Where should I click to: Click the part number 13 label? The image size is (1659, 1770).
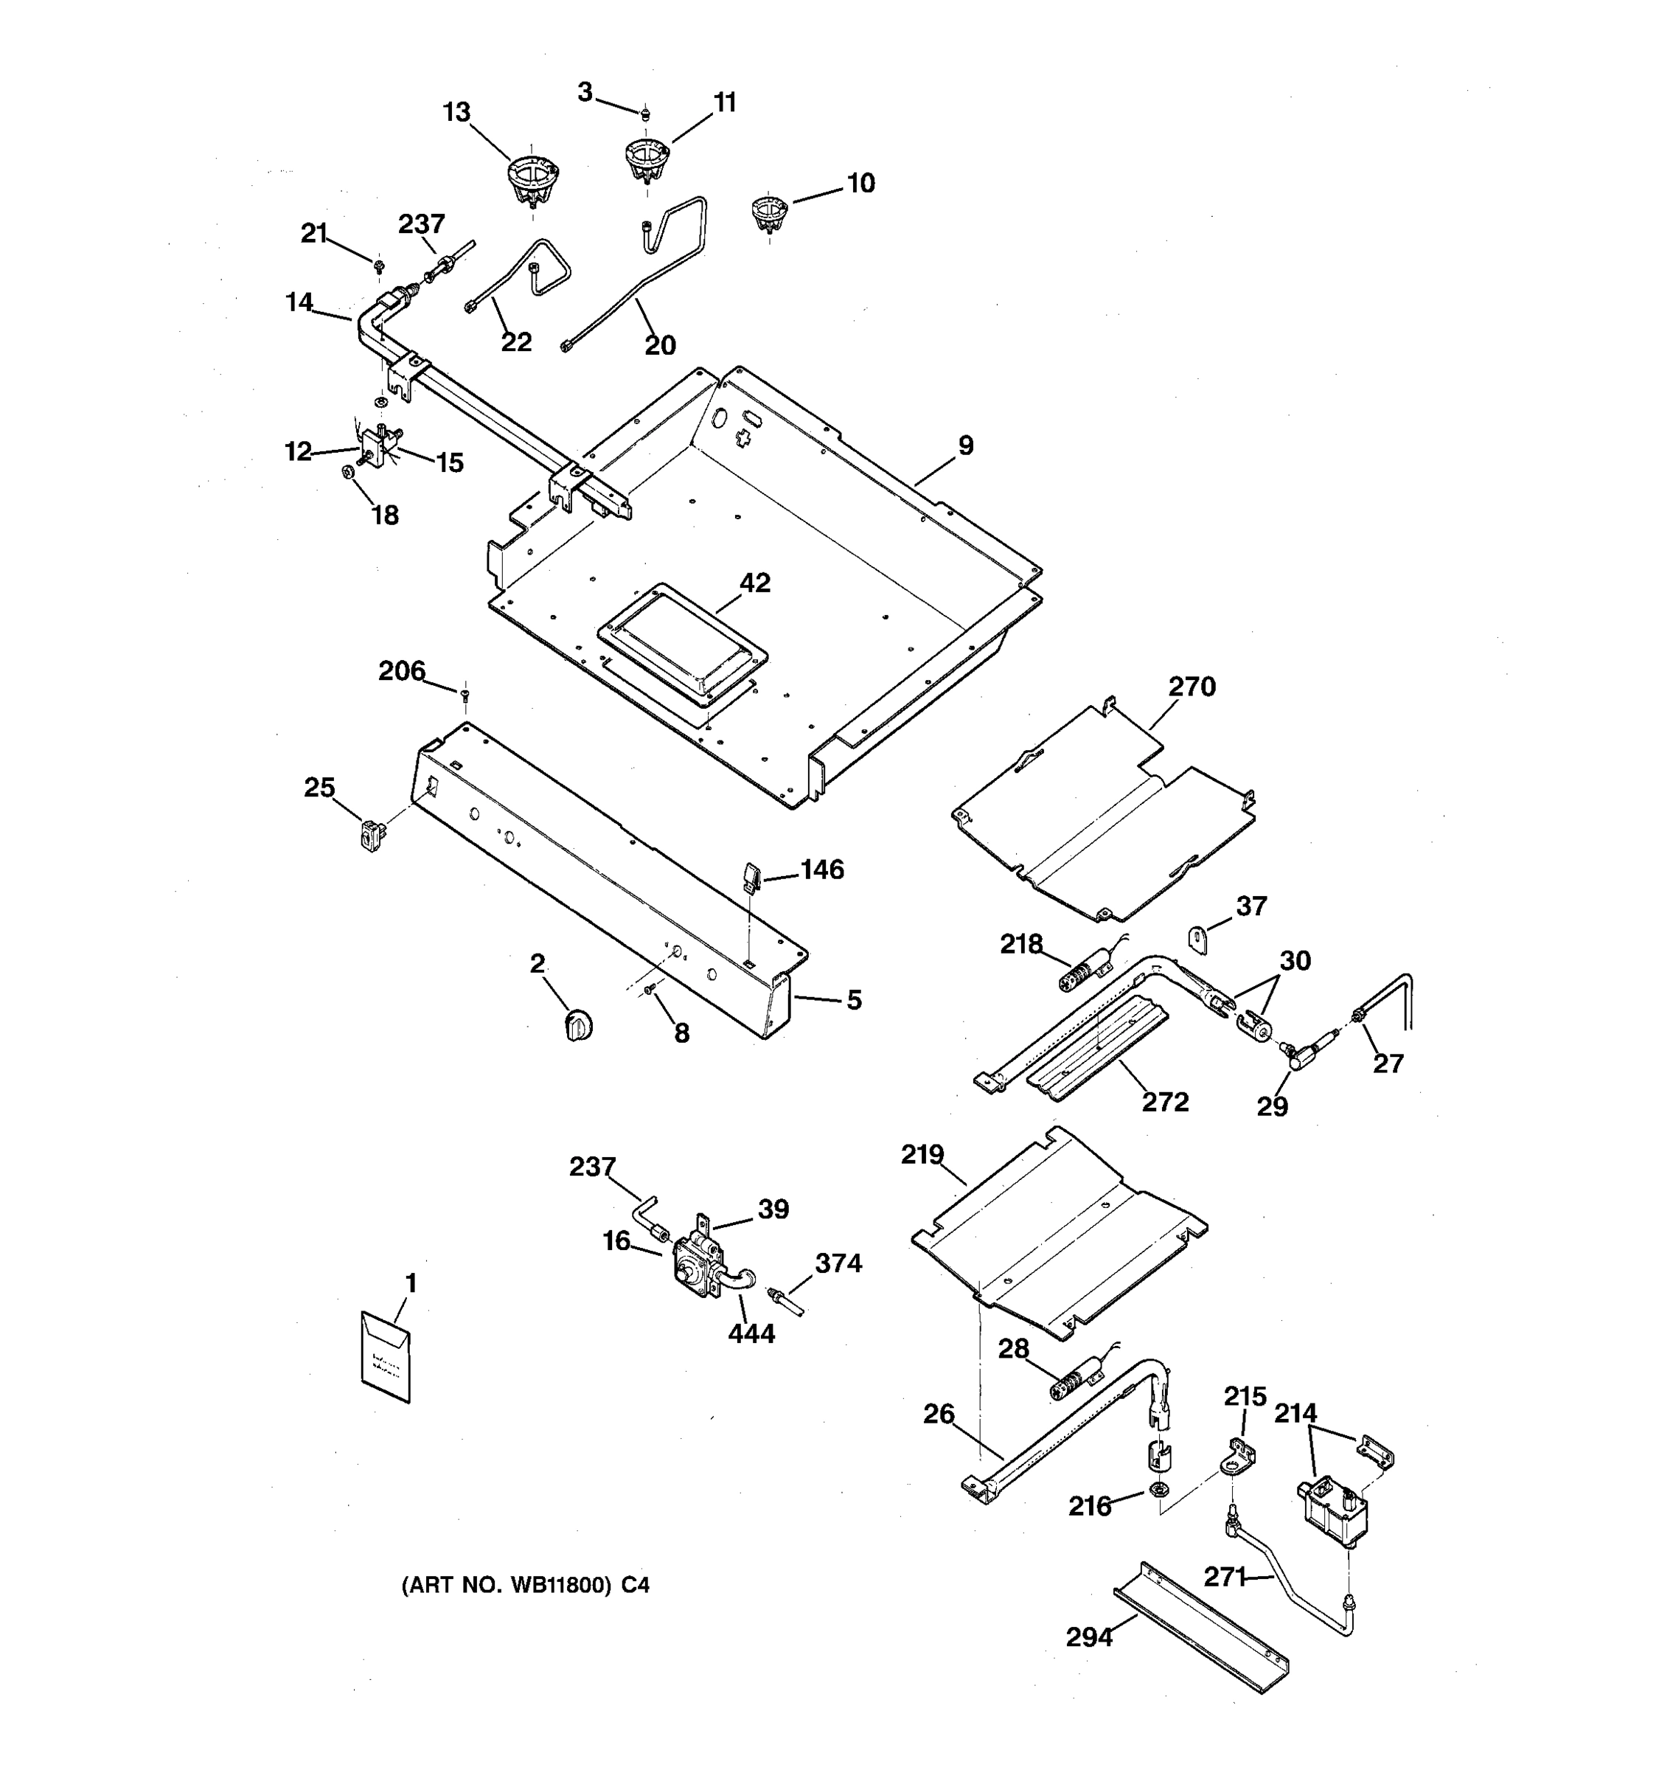pyautogui.click(x=456, y=113)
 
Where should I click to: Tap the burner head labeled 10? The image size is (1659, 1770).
pyautogui.click(x=769, y=212)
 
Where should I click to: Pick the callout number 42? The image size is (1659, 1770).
pyautogui.click(x=755, y=583)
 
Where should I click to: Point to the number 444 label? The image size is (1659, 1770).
pyautogui.click(x=751, y=1333)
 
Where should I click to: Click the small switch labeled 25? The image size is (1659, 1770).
pyautogui.click(x=371, y=835)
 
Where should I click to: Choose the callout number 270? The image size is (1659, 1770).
pyautogui.click(x=1192, y=687)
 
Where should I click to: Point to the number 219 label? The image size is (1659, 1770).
pyautogui.click(x=922, y=1155)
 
